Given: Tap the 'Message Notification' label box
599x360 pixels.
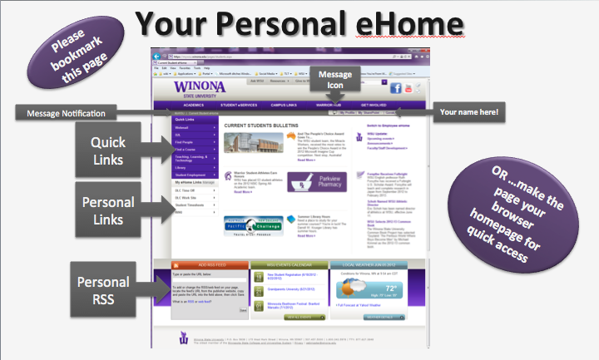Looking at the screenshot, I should [x=67, y=112].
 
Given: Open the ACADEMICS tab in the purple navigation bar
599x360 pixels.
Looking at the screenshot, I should [x=194, y=106].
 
